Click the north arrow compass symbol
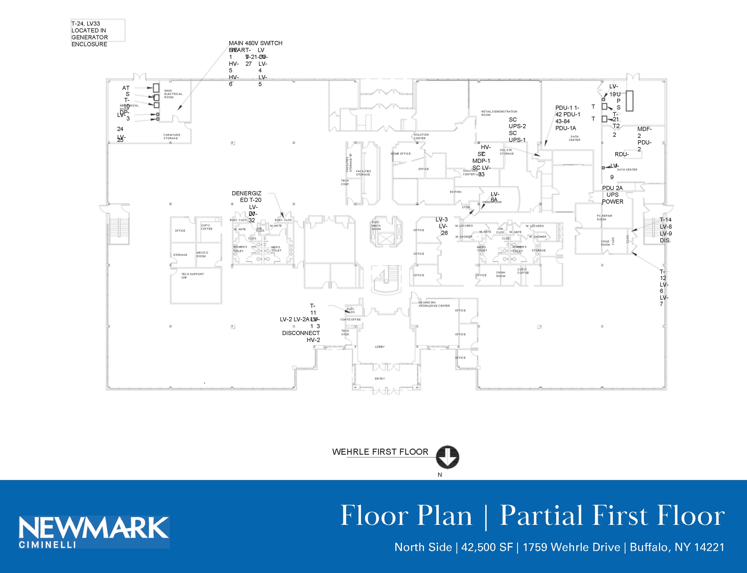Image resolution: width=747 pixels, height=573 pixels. pos(447,457)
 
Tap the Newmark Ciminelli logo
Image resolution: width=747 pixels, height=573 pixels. pos(94,532)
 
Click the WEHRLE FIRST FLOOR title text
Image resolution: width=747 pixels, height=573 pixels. pos(380,452)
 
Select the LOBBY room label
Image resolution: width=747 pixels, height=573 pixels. pos(380,347)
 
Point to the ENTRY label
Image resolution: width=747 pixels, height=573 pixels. pos(380,379)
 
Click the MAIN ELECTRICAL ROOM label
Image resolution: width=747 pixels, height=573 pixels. pos(173,94)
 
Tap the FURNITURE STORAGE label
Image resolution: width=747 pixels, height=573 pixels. pos(171,136)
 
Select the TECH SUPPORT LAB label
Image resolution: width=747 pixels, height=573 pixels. pos(192,276)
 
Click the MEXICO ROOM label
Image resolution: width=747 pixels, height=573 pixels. pos(202,254)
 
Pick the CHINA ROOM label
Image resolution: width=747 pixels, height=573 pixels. pos(500,274)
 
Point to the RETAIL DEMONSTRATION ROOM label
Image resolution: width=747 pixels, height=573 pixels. pos(499,113)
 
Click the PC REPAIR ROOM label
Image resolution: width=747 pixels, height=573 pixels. pos(604,218)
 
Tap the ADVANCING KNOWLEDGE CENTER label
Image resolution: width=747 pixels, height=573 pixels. pos(434,304)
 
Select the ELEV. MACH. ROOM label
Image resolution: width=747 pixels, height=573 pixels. pos(376,226)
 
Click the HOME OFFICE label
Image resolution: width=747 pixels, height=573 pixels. pos(400,154)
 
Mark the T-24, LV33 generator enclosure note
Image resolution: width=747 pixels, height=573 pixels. pos(90,34)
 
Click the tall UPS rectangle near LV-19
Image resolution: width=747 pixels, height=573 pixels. pos(629,101)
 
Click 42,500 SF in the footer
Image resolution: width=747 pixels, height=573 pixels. pos(487,547)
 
